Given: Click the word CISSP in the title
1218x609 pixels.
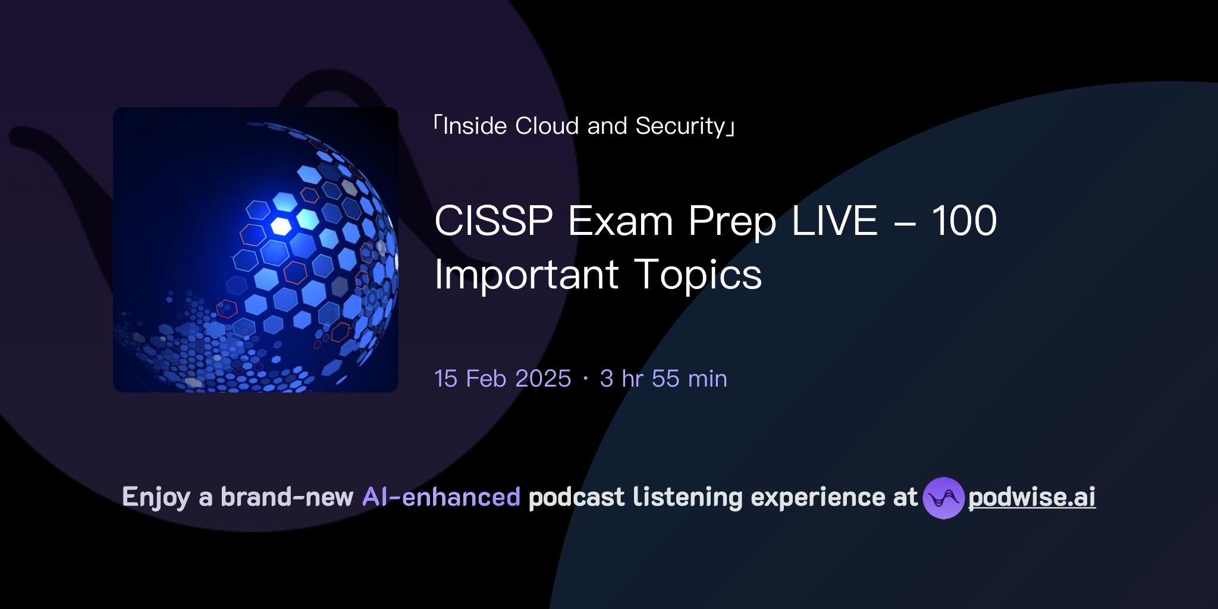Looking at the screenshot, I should pyautogui.click(x=494, y=221).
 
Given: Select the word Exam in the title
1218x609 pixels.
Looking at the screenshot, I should pyautogui.click(x=620, y=221).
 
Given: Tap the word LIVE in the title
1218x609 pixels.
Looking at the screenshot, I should pyautogui.click(x=834, y=221).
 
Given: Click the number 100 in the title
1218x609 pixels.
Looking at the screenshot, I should pyautogui.click(x=963, y=221).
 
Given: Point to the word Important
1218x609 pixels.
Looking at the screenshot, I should pyautogui.click(x=526, y=275).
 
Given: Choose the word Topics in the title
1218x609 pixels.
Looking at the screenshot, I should pyautogui.click(x=698, y=275).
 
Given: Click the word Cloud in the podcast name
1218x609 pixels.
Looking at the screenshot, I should pyautogui.click(x=547, y=126).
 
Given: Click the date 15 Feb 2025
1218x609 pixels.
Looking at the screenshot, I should pyautogui.click(x=503, y=379).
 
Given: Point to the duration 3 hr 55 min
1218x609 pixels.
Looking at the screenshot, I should pyautogui.click(x=663, y=379).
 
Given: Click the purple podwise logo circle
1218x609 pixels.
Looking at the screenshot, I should pyautogui.click(x=943, y=498).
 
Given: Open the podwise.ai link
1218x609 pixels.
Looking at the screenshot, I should pyautogui.click(x=1032, y=497).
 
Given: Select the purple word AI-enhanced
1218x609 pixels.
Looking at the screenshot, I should pyautogui.click(x=441, y=497).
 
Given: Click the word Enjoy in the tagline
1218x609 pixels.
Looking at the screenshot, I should pyautogui.click(x=156, y=497).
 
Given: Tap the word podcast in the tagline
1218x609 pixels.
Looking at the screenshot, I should pyautogui.click(x=576, y=497).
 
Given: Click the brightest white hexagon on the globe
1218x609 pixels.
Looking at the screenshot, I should pyautogui.click(x=281, y=226).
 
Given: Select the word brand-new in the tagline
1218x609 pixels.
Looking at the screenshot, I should pyautogui.click(x=287, y=497).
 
